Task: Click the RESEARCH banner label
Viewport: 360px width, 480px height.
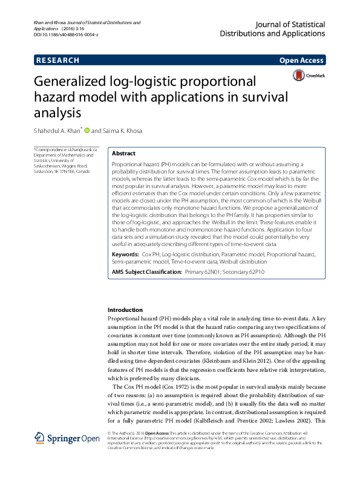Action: pos(58,60)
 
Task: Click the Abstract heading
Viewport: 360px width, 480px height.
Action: pos(124,154)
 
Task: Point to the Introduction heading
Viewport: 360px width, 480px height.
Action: pos(125,310)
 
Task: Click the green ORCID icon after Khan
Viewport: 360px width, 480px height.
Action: pos(87,130)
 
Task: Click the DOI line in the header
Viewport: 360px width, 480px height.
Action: pos(66,36)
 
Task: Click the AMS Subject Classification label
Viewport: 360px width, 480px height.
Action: pos(147,273)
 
